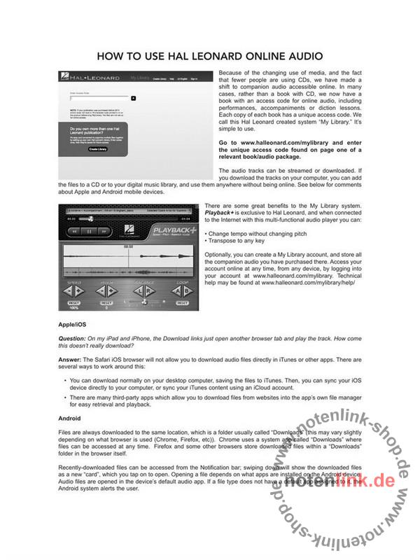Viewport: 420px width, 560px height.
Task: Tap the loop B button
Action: (x=190, y=291)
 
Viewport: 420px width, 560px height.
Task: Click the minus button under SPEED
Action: (x=68, y=291)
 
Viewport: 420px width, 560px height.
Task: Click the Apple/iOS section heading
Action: (x=73, y=325)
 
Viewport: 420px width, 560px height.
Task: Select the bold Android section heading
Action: (x=70, y=418)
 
